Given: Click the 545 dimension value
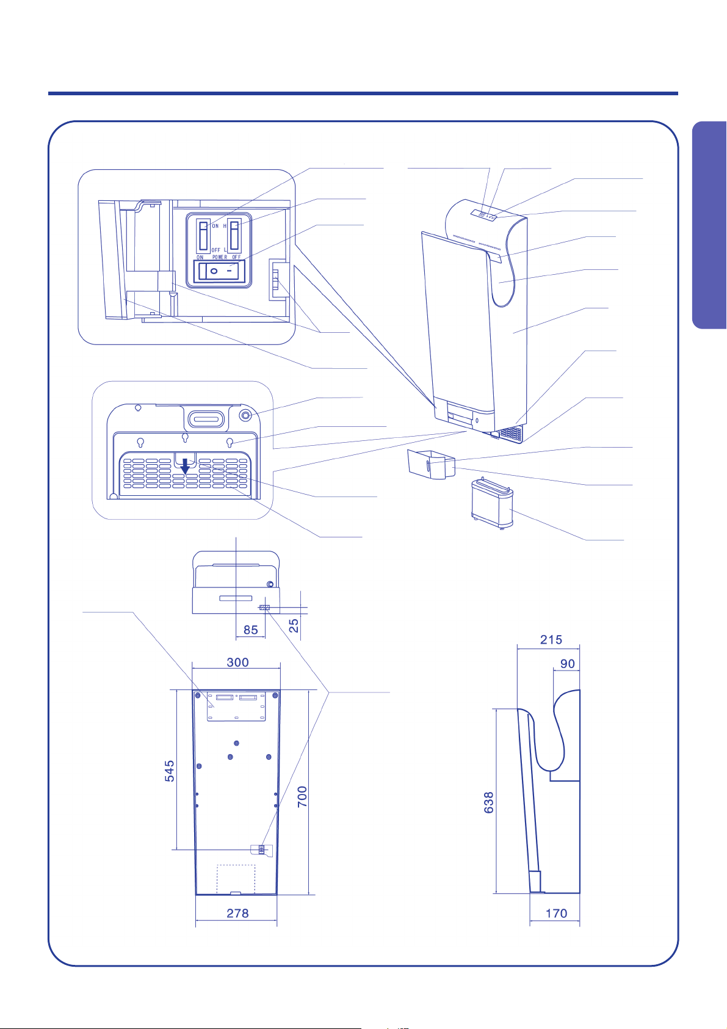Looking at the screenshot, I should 170,771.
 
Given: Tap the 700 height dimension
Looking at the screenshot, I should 303,797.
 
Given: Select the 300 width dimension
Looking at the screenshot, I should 237,663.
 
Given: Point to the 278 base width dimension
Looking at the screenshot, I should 237,914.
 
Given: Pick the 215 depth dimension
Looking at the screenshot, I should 551,640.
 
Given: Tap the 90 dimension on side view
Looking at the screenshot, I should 568,664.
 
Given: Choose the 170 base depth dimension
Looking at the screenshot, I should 556,914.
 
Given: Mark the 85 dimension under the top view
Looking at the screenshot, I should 250,630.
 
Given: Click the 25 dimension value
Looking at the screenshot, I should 294,626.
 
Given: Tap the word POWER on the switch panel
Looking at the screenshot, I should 220,257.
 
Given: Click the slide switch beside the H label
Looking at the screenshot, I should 234,236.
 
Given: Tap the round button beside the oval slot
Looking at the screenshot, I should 246,415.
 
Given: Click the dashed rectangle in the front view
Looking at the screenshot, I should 236,879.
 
